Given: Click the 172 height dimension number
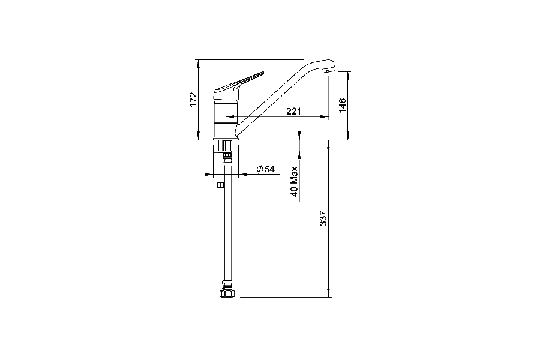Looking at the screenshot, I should (x=193, y=99).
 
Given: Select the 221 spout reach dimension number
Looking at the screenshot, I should (x=293, y=111).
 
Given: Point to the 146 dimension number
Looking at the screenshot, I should (x=342, y=106).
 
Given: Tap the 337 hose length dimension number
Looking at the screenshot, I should (x=323, y=218).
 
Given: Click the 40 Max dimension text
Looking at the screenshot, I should (x=294, y=182).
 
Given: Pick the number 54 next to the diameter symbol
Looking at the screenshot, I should (x=269, y=169).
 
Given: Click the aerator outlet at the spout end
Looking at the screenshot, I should (x=327, y=72).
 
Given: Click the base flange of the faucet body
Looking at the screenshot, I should (x=226, y=139).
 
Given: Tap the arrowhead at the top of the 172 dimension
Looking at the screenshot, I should (x=198, y=62).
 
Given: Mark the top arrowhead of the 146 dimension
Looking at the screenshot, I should (x=349, y=73).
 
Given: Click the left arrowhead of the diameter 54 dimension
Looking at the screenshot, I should (x=209, y=175).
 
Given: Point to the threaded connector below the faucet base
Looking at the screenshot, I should (x=227, y=158).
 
